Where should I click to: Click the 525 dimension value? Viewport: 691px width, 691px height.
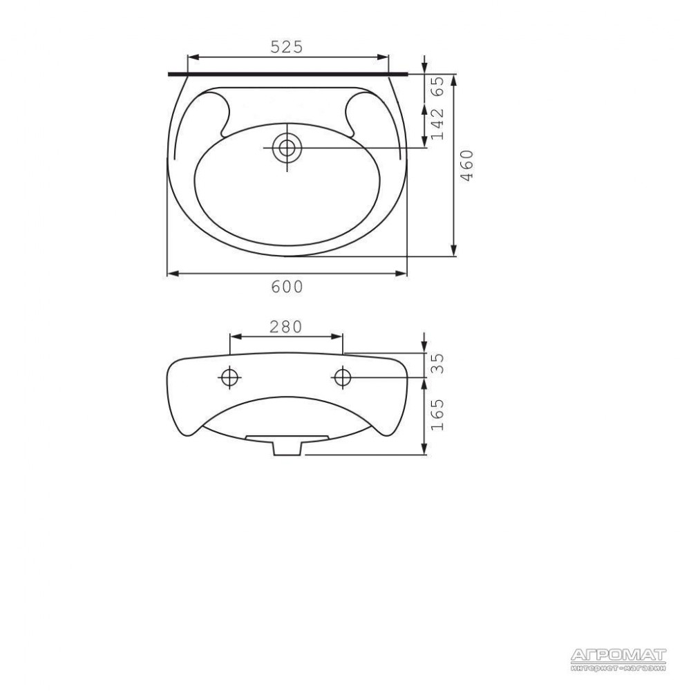click(287, 47)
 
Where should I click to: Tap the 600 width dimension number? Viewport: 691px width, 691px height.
click(287, 287)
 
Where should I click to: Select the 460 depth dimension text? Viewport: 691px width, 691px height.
click(466, 165)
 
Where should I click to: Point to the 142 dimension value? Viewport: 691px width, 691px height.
click(437, 124)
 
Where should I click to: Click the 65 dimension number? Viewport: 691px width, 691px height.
click(437, 87)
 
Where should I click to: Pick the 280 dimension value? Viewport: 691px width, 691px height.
click(285, 327)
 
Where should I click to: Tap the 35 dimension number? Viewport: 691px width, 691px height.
click(437, 363)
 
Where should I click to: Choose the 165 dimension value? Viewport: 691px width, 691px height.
click(437, 415)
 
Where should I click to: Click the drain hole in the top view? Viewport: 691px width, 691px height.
click(287, 148)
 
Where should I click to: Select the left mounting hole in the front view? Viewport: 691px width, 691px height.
click(229, 377)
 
